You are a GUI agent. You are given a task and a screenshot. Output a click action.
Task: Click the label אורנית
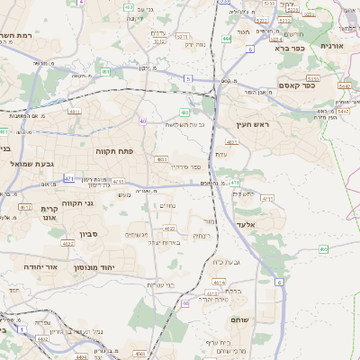[338, 46]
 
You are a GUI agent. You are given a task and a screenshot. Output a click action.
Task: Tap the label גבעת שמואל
[31, 164]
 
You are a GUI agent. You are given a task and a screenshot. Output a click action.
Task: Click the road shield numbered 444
[226, 40]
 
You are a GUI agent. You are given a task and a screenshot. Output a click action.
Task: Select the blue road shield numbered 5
[188, 79]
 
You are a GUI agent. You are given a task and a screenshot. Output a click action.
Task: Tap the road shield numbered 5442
[345, 85]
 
